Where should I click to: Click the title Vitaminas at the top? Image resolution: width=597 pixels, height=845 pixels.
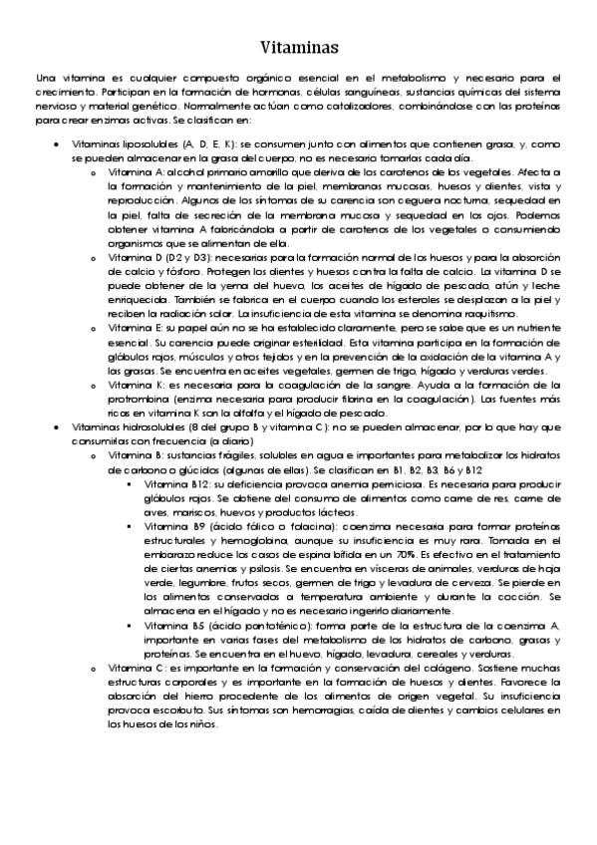[x=298, y=46]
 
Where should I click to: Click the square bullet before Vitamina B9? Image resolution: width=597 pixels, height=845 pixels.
[x=132, y=523]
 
